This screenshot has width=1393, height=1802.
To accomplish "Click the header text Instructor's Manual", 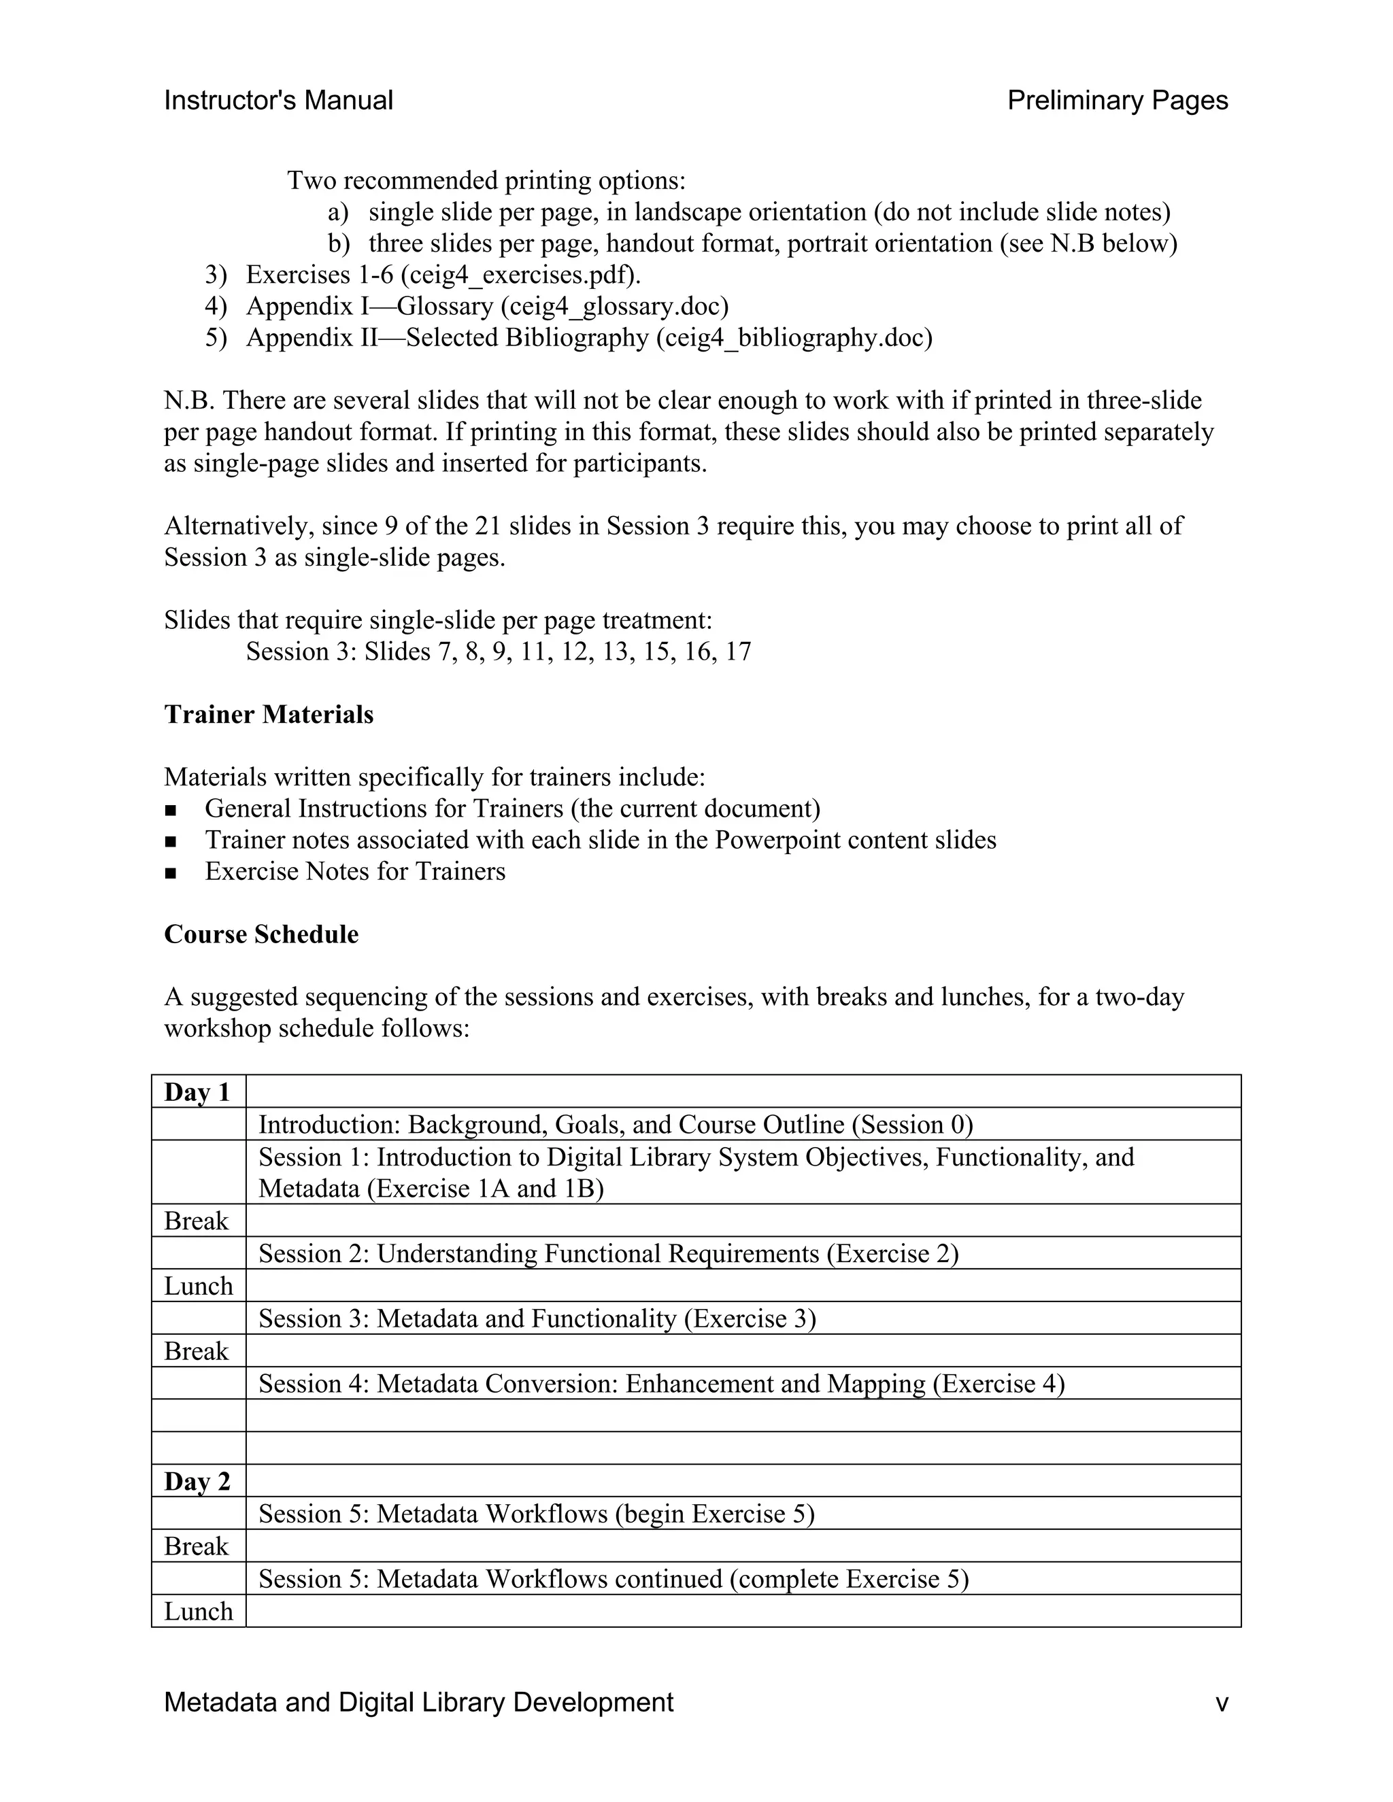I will [x=278, y=101].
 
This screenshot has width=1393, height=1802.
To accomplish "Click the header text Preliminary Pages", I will [x=1118, y=101].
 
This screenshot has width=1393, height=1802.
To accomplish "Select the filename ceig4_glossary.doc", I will [x=615, y=306].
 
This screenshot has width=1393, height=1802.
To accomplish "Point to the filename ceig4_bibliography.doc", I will [x=794, y=337].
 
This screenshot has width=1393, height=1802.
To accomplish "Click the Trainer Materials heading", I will [x=268, y=715].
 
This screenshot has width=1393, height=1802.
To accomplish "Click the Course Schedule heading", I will [x=261, y=934].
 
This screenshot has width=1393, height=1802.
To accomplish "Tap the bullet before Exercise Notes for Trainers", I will [x=171, y=873].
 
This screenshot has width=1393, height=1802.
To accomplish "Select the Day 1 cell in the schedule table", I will [x=197, y=1093].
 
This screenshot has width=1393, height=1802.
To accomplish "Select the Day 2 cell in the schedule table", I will [x=197, y=1481].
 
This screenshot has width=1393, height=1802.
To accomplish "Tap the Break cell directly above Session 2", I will [x=197, y=1221].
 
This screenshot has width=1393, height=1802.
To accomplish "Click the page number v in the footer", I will [x=1222, y=1702].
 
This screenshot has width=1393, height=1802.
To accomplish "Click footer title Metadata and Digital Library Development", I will [x=418, y=1702].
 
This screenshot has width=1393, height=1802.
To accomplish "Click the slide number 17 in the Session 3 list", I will [x=738, y=652].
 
